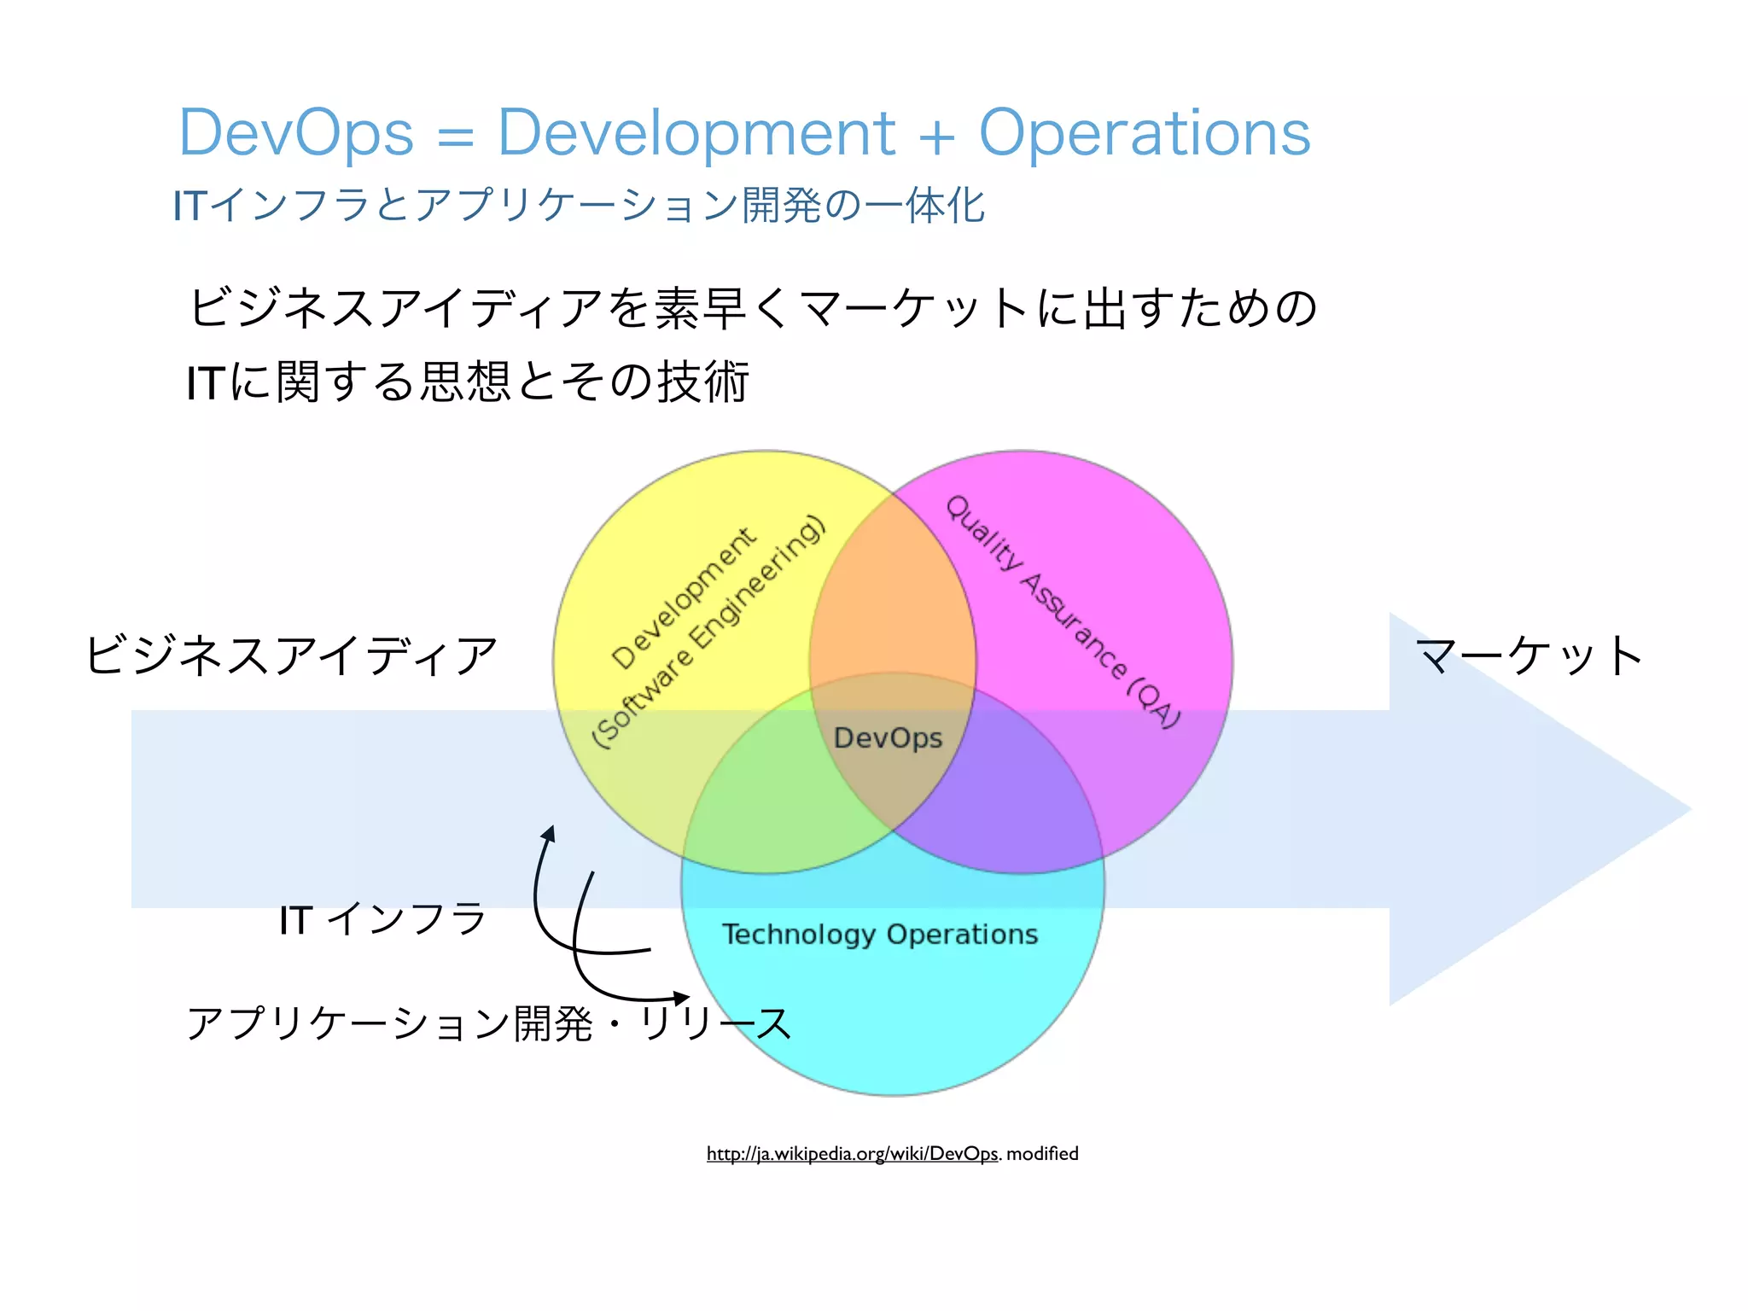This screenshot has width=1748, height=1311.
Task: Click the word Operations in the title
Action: point(1144,134)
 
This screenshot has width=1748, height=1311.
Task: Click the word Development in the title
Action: point(696,134)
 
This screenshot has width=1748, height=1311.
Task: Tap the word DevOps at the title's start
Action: point(296,134)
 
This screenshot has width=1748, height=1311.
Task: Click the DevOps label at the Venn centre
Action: point(888,738)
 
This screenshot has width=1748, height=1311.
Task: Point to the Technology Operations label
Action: point(880,935)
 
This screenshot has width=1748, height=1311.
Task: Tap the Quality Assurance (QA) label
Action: point(1063,610)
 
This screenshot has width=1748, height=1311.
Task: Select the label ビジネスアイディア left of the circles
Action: point(291,655)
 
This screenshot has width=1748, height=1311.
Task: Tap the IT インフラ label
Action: point(382,920)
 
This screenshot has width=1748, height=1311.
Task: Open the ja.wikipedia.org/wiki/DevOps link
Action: point(852,1154)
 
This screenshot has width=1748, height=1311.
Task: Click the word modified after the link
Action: point(1042,1154)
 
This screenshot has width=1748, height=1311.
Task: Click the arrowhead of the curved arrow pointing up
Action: point(549,832)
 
